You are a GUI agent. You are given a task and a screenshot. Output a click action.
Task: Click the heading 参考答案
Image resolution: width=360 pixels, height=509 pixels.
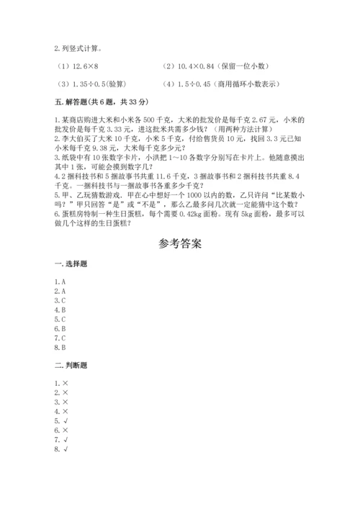(179, 244)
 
